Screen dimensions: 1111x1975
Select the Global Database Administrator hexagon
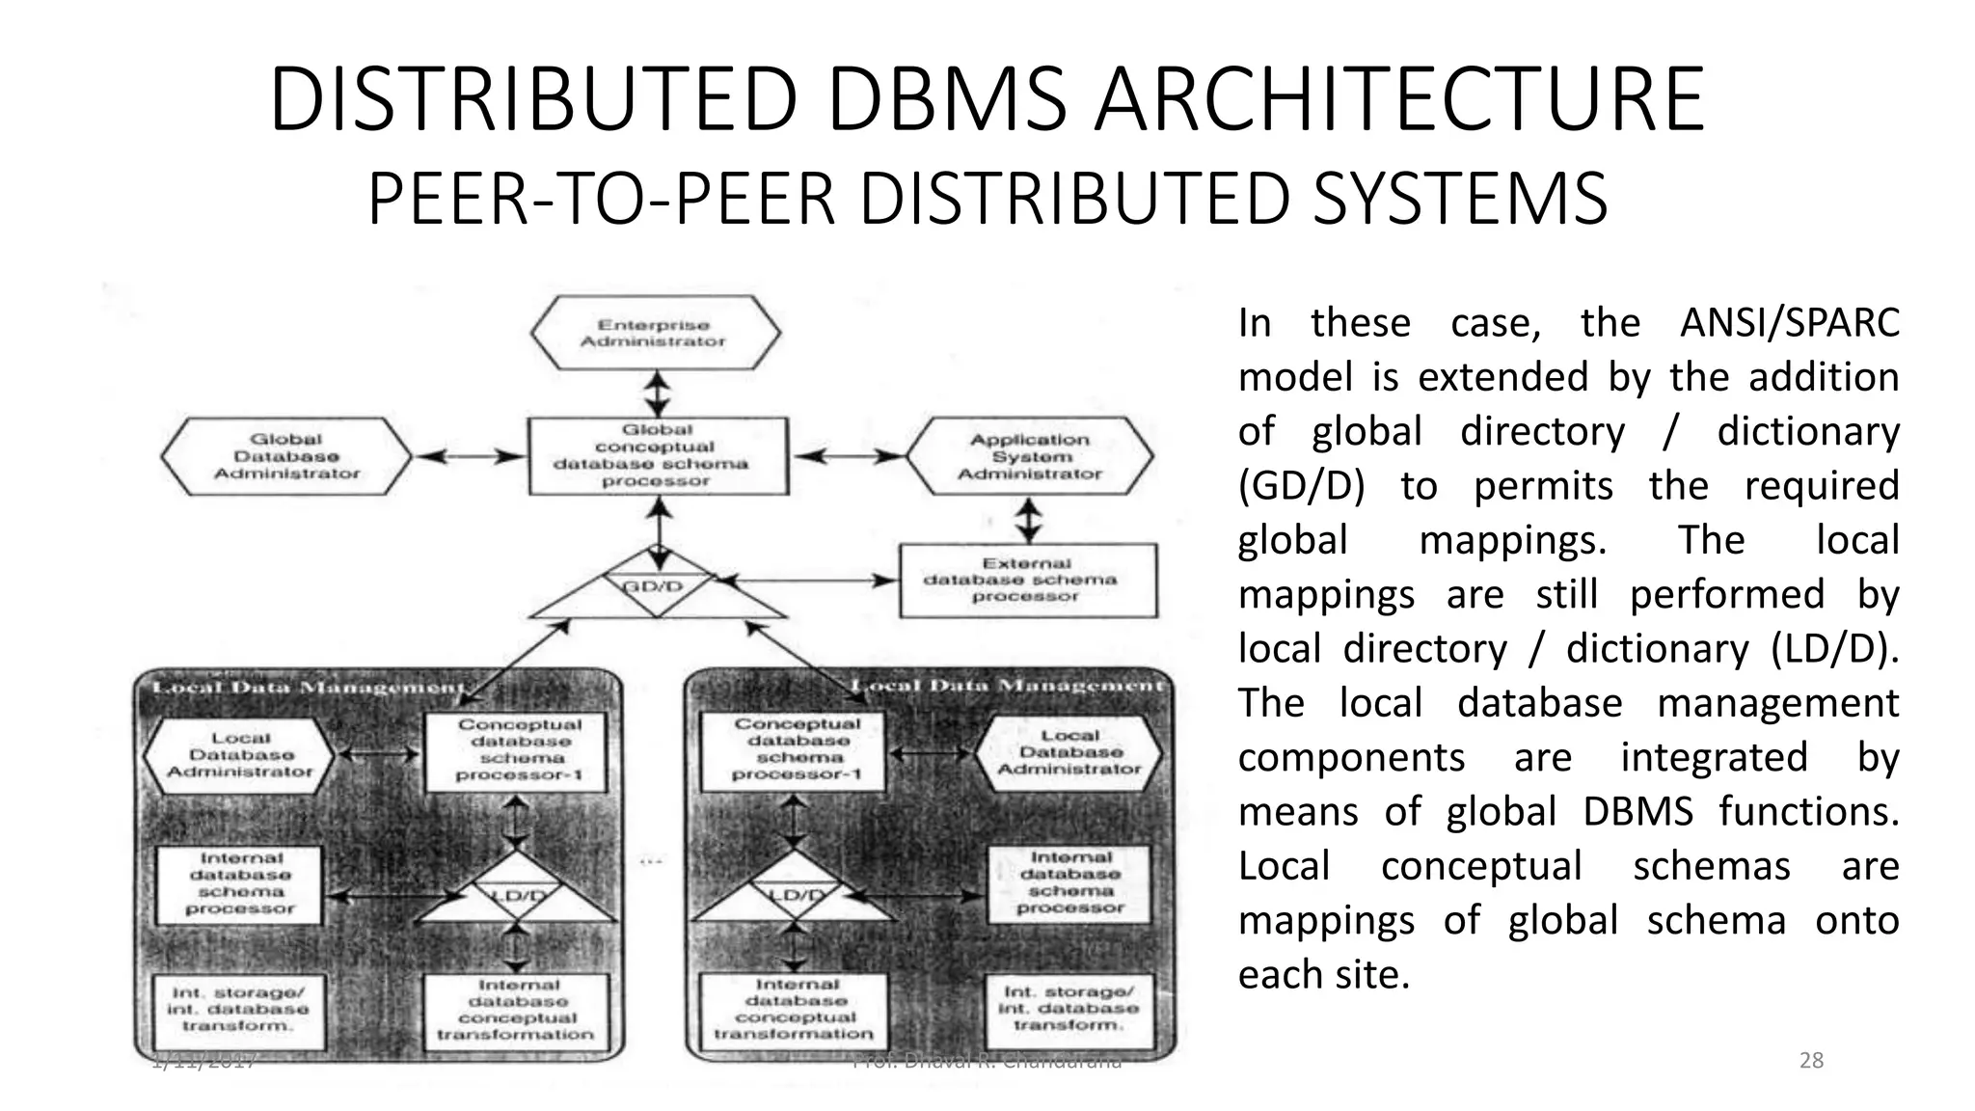(x=286, y=456)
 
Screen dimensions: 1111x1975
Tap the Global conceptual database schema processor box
(x=657, y=455)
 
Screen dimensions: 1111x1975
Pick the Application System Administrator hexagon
(x=1030, y=456)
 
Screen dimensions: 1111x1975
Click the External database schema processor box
(x=1027, y=580)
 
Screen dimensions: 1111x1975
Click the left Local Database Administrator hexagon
(x=240, y=755)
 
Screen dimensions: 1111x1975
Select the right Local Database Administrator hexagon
(x=1069, y=752)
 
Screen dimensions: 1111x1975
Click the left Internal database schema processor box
(x=240, y=883)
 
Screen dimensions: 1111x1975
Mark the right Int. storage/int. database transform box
(x=1069, y=1008)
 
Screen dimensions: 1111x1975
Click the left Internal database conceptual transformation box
(x=517, y=1010)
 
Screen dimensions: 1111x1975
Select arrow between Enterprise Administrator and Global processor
(x=658, y=393)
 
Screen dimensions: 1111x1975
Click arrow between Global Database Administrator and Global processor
(x=468, y=456)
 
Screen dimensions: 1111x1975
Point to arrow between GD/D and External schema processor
(x=810, y=581)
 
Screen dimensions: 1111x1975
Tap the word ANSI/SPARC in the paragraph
(x=1789, y=322)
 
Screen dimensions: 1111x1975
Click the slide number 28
(x=1811, y=1061)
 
